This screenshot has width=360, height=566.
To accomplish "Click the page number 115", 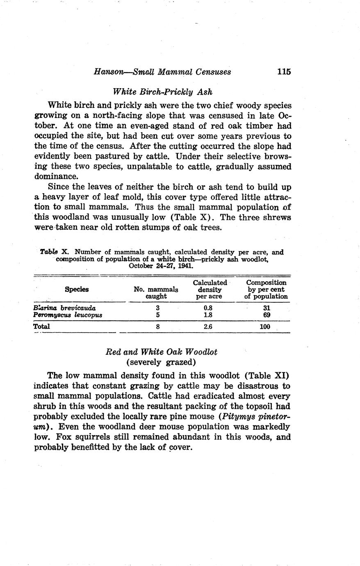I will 283,71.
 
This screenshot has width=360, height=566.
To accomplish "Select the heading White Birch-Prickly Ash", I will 162,91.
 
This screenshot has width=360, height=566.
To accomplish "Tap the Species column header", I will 77,289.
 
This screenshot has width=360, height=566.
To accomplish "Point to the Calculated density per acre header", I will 210,289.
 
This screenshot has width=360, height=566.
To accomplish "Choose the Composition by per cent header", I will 266,289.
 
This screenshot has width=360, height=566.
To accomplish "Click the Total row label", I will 41,326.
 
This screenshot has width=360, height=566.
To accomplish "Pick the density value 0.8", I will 209,308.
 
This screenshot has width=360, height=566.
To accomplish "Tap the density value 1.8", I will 209,315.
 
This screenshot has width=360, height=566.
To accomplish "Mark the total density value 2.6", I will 209,326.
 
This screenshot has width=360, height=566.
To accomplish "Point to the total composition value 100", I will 265,326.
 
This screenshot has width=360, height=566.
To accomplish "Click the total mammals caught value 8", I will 157,326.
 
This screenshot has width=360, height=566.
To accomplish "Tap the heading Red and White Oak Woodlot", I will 161,352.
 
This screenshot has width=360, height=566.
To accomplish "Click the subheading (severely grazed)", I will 161,362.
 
